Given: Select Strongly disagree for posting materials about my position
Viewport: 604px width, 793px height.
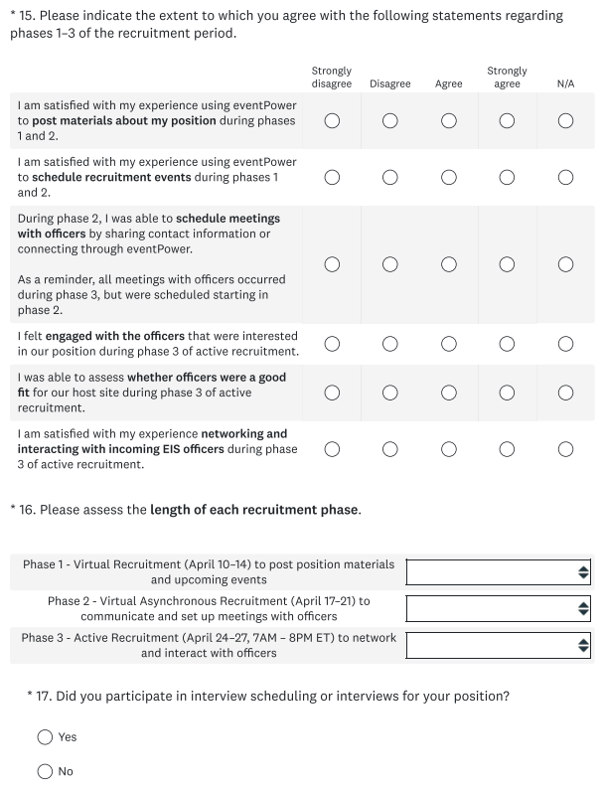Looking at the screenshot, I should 332,120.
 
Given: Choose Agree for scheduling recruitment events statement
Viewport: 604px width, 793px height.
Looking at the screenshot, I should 449,177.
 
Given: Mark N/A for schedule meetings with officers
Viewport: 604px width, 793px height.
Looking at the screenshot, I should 566,264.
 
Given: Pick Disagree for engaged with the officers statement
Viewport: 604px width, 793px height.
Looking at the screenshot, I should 390,344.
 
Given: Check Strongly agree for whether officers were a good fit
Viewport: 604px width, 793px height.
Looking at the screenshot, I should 508,392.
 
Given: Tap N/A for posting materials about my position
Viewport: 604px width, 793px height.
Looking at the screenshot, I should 566,120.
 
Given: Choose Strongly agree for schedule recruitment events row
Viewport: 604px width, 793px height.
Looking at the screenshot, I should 508,177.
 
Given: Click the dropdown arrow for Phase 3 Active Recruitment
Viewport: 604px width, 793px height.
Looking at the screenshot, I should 583,646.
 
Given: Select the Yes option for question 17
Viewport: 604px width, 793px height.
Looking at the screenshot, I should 46,737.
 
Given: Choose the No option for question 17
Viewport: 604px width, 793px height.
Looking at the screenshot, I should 46,771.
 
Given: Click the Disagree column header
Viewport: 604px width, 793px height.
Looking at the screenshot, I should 390,84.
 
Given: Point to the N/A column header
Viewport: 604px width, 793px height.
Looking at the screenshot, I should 566,84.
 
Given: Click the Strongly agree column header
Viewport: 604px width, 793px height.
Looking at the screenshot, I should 507,78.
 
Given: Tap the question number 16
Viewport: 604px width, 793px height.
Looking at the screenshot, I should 40,511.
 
